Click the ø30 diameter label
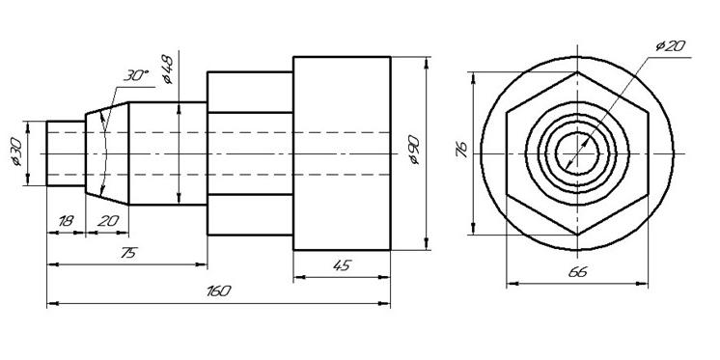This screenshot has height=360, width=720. pos(17,152)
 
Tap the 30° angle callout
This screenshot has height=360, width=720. pos(136,76)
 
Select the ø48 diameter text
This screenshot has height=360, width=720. pos(168,69)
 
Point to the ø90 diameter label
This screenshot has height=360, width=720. pos(414,150)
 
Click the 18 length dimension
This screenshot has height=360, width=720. pos(66,221)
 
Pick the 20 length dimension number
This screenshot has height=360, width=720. pos(108,221)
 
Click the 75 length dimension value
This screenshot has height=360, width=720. pos(129,253)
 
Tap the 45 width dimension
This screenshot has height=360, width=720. pos(342,265)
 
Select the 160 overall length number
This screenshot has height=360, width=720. pos(218,291)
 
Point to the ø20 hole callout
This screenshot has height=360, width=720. pos(671,45)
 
